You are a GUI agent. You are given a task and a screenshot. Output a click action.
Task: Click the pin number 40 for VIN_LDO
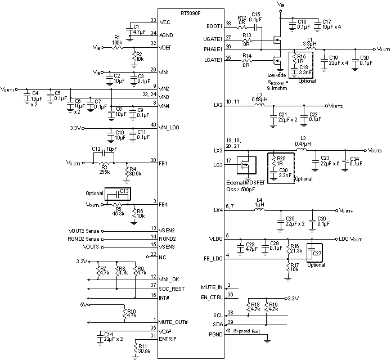click(154, 125)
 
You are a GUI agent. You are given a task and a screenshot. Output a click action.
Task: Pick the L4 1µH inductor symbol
click(260, 210)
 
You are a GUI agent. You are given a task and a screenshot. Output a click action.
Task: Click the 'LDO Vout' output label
click(353, 240)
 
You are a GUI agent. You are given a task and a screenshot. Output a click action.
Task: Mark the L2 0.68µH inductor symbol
click(260, 104)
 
